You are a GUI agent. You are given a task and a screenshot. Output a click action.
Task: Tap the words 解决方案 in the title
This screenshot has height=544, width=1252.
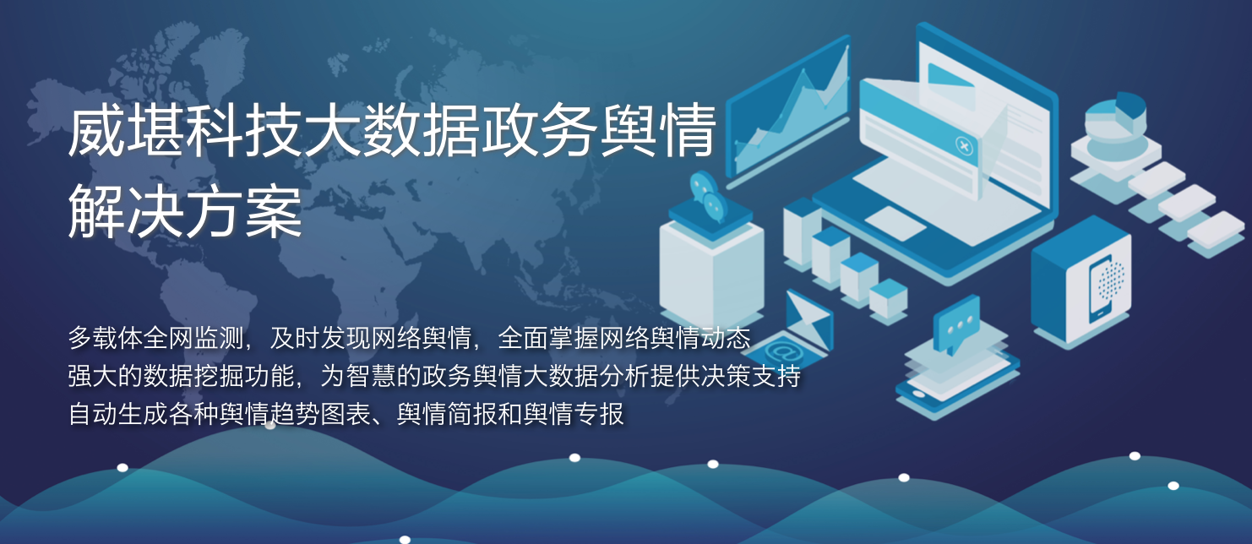(x=185, y=213)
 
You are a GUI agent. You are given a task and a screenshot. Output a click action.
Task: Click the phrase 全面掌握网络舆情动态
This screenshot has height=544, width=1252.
(x=623, y=338)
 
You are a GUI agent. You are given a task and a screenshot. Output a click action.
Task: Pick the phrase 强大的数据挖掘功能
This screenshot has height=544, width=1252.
(x=181, y=376)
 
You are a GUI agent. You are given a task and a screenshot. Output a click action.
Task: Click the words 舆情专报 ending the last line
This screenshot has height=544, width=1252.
(x=574, y=414)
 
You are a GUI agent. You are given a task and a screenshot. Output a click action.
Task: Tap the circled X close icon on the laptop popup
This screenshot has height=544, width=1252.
(x=964, y=145)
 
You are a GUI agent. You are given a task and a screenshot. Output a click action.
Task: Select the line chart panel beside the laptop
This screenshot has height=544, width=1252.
(x=787, y=112)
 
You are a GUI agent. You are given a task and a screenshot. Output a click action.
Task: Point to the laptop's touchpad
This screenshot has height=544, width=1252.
(x=895, y=222)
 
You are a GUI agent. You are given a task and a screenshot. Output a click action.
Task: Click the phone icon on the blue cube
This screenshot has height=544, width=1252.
(x=1101, y=289)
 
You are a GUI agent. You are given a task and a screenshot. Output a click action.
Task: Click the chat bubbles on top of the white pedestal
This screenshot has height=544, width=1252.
(x=708, y=197)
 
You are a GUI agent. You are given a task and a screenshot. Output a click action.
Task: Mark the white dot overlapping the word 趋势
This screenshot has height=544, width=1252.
(x=270, y=426)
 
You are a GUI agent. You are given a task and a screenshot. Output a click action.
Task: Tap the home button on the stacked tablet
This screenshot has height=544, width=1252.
(x=918, y=394)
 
